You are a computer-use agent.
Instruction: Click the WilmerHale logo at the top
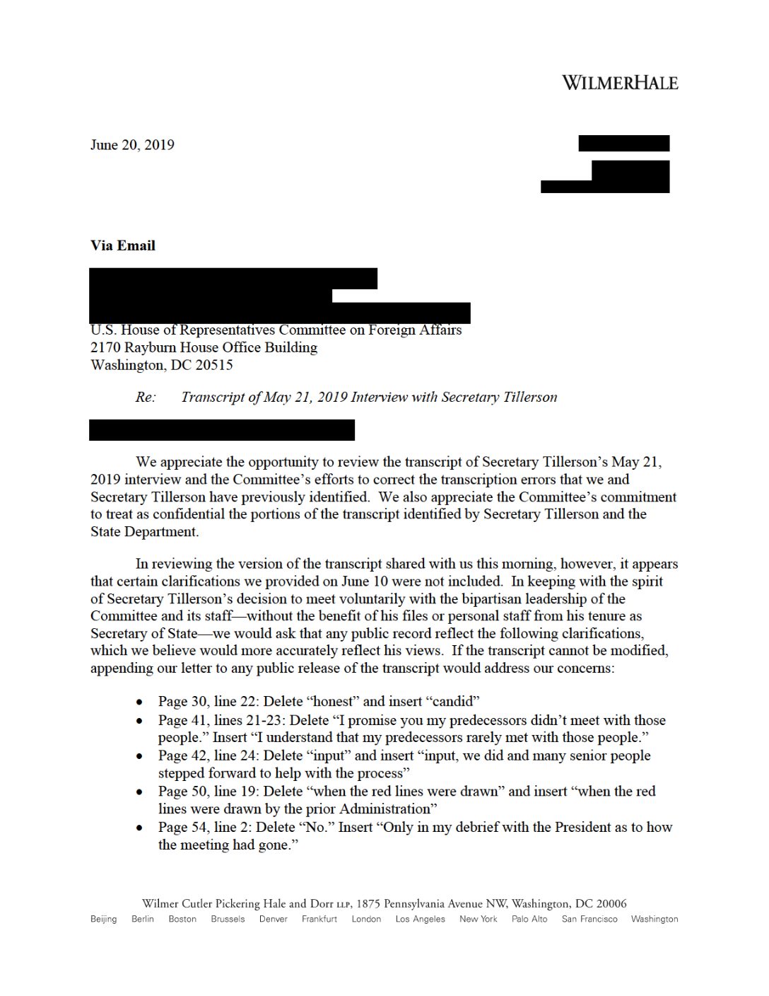[619, 83]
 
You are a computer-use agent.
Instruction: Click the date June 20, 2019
[132, 145]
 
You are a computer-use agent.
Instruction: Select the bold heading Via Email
[123, 245]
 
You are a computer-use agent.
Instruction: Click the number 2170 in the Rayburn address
[105, 347]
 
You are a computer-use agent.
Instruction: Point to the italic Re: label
[146, 397]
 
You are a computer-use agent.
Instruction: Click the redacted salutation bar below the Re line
[222, 430]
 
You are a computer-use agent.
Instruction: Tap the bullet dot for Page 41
[141, 722]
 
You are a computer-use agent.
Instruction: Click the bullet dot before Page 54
[141, 828]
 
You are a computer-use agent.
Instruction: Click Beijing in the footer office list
[103, 919]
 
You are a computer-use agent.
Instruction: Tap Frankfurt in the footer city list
[319, 919]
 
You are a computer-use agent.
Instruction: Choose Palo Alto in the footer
[529, 919]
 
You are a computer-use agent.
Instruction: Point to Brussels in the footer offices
[228, 919]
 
